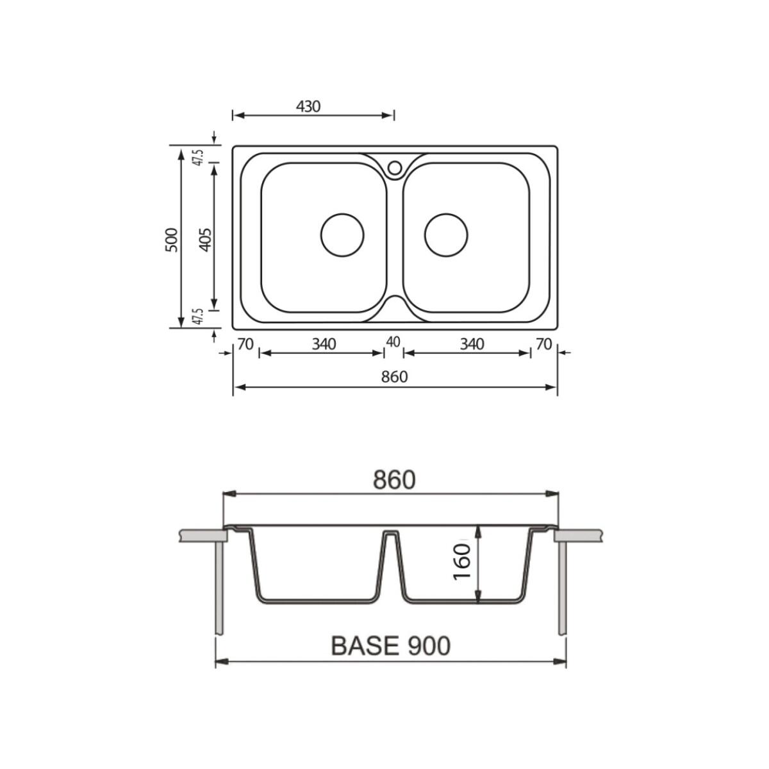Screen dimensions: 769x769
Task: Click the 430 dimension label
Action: click(x=308, y=106)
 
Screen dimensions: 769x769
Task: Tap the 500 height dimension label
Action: click(x=172, y=240)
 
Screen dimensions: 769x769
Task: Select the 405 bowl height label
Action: click(x=205, y=240)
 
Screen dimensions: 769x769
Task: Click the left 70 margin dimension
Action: click(x=245, y=343)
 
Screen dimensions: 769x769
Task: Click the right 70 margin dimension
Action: click(x=544, y=343)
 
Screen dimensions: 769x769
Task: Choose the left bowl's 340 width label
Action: click(x=324, y=343)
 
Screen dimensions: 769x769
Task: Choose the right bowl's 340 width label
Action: click(x=472, y=343)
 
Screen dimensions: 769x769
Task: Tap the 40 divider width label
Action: click(x=393, y=342)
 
